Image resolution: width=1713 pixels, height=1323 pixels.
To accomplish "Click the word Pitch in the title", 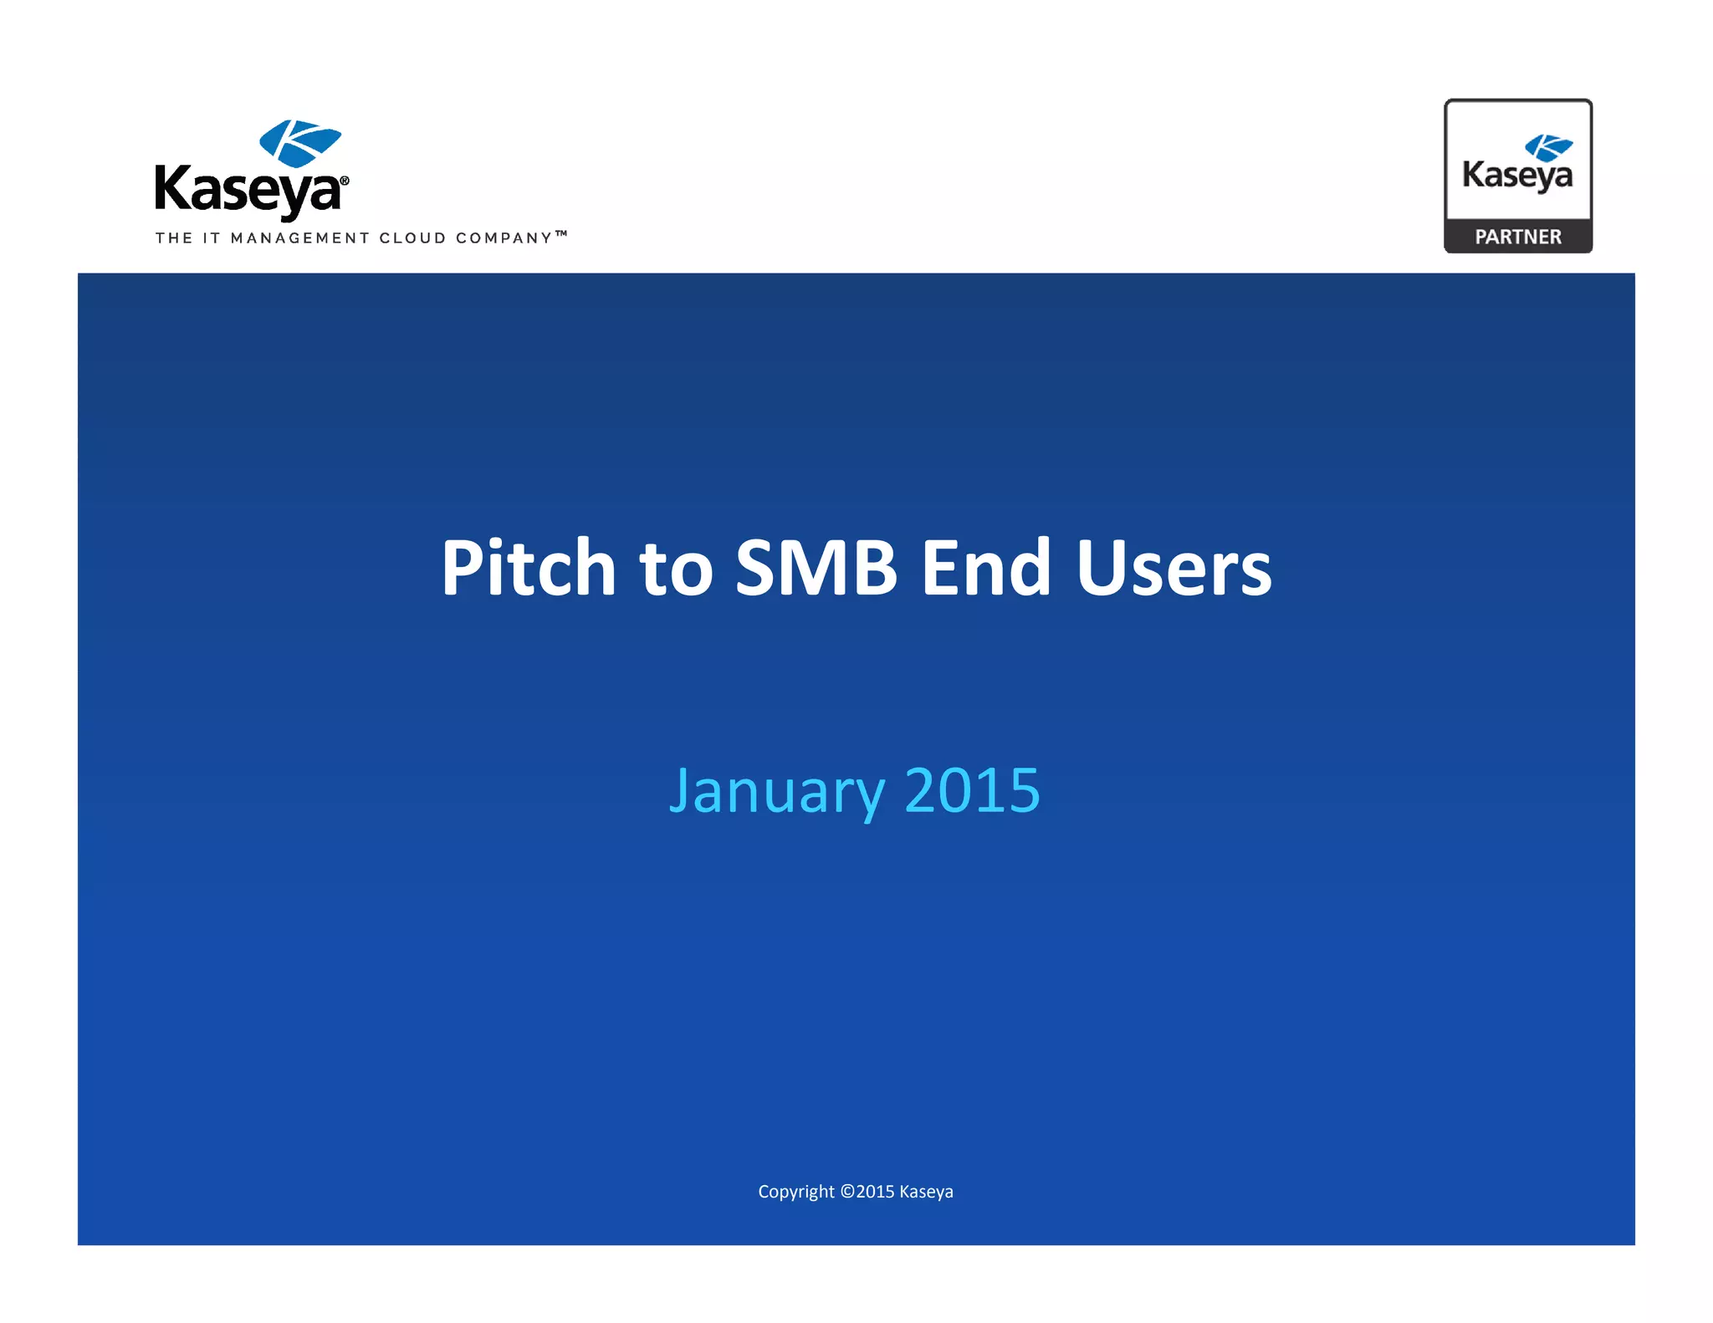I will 529,569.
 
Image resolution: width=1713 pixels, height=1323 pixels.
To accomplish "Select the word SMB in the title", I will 816,569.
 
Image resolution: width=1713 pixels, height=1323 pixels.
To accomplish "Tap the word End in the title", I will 985,569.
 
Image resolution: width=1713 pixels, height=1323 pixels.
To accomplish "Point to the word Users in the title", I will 1174,569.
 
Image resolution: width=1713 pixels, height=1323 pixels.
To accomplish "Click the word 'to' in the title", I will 676,570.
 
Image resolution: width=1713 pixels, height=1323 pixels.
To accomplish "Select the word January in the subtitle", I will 777,791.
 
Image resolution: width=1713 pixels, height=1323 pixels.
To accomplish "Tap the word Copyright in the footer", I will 795,1192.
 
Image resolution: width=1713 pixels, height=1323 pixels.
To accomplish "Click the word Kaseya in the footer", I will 926,1192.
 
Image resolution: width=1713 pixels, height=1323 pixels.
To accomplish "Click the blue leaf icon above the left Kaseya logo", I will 299,142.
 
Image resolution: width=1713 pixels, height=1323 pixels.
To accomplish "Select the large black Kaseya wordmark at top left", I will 248,191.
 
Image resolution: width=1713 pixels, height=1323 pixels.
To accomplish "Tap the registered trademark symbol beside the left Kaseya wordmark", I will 345,181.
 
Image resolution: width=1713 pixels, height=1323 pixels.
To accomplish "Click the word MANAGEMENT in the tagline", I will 299,238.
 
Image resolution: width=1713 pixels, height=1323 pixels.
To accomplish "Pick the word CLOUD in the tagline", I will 412,238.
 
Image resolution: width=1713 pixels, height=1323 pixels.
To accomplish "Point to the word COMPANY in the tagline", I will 504,238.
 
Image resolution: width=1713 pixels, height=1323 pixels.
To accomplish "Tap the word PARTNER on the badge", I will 1518,238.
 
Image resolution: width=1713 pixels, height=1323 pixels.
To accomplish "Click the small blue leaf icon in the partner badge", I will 1548,147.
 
